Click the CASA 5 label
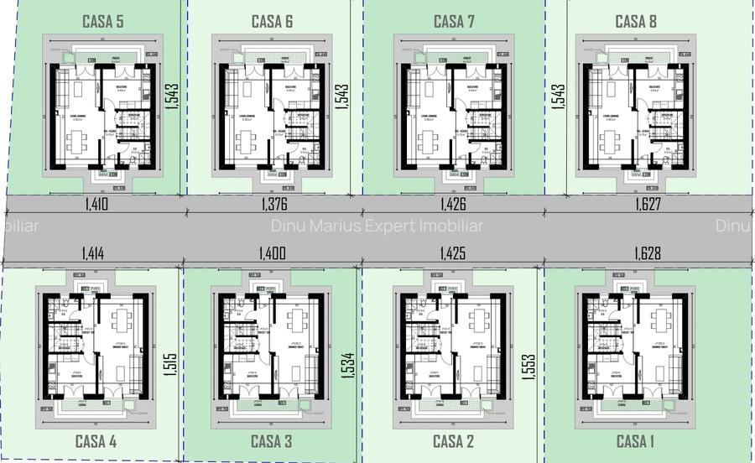coord(103,21)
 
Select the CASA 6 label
coord(272,21)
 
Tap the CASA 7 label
coord(454,21)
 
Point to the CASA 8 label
coord(636,21)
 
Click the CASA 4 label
coord(96,441)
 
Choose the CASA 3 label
coord(272,441)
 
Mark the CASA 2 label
coord(454,441)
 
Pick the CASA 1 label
coord(637,441)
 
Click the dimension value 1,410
coord(97,203)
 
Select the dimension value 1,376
coord(274,203)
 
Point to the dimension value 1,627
coord(648,203)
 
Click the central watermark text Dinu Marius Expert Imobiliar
coord(377,226)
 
